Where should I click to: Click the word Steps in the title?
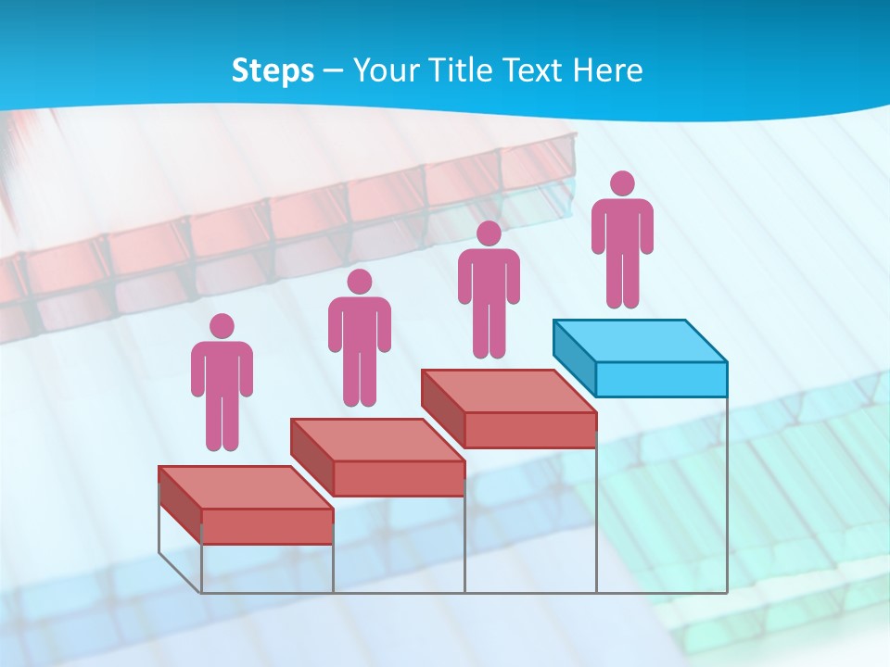pyautogui.click(x=273, y=71)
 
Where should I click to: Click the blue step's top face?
pyautogui.click(x=640, y=341)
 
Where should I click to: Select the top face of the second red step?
pyautogui.click(x=376, y=440)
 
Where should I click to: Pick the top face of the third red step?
pyautogui.click(x=508, y=391)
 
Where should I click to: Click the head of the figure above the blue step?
pyautogui.click(x=623, y=183)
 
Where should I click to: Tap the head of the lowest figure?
pyautogui.click(x=222, y=326)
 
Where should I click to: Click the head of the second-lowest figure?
pyautogui.click(x=359, y=282)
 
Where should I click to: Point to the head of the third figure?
pyautogui.click(x=489, y=233)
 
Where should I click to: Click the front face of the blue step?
pyautogui.click(x=661, y=379)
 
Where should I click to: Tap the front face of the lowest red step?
pyautogui.click(x=267, y=526)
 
